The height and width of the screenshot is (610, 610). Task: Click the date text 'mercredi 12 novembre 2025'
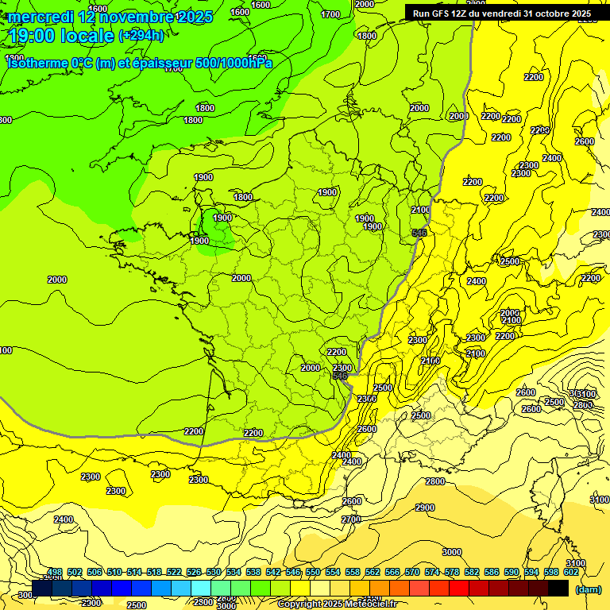[110, 17]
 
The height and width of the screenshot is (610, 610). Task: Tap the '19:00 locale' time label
[61, 36]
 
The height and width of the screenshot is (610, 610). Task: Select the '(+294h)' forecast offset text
[141, 36]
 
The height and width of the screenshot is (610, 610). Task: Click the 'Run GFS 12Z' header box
[502, 14]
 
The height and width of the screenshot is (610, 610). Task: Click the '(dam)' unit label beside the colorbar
[588, 589]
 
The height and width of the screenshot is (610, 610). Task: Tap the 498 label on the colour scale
[54, 572]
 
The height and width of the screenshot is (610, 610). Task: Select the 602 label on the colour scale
[570, 572]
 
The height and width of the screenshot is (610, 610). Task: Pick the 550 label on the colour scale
[312, 572]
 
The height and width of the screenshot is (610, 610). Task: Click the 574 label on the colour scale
[431, 572]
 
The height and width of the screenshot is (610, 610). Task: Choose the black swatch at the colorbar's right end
[558, 588]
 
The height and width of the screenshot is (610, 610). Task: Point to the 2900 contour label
[425, 508]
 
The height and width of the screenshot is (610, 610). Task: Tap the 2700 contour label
[350, 519]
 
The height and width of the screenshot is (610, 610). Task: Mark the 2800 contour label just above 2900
[434, 481]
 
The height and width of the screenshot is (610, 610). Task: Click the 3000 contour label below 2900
[451, 552]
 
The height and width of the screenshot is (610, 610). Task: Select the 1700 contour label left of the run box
[331, 14]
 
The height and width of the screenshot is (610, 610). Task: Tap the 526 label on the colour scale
[193, 572]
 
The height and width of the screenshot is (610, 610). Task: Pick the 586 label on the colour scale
[491, 572]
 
